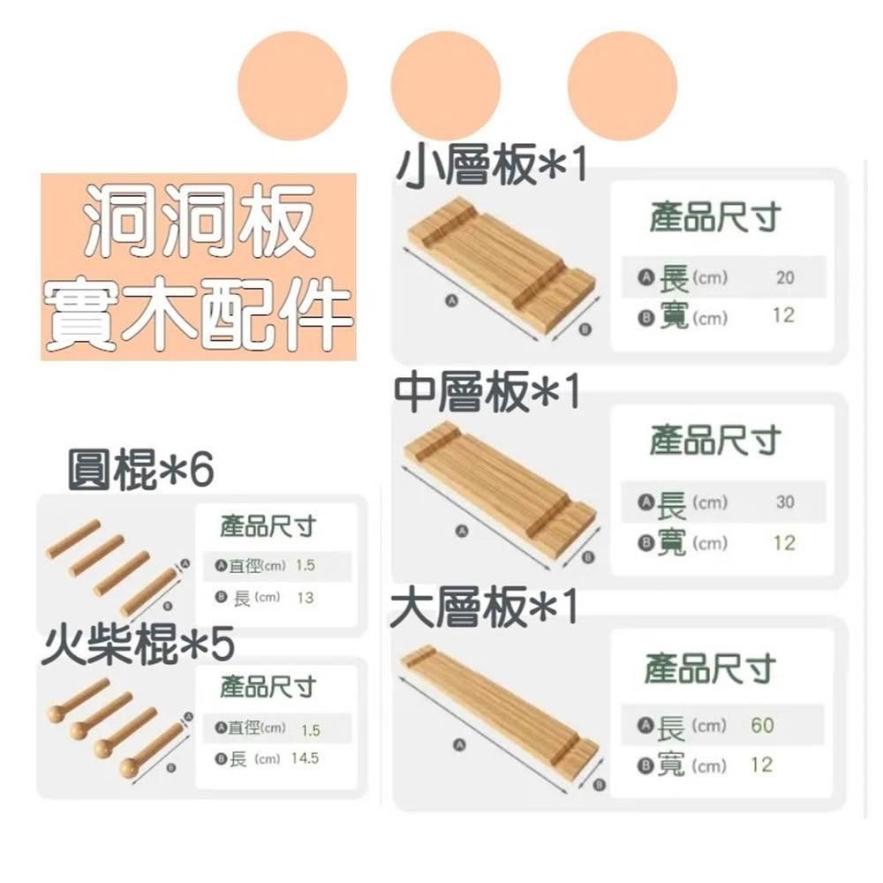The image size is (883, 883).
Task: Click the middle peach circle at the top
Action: [x=445, y=86]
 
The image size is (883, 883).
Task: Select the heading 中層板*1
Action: [x=487, y=392]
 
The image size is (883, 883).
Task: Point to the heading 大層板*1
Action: [x=485, y=607]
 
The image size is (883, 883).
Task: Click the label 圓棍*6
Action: [x=140, y=470]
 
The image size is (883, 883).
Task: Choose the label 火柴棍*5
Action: [x=138, y=645]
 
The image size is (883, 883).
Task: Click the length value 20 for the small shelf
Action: [x=785, y=277]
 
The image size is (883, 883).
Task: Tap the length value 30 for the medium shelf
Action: [x=785, y=502]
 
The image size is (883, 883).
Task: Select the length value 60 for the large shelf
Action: [x=763, y=725]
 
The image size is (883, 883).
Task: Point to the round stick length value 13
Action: [x=306, y=598]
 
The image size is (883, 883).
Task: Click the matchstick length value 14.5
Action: [x=306, y=758]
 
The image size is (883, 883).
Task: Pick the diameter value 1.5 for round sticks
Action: [x=306, y=565]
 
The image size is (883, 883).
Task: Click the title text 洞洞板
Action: [x=199, y=221]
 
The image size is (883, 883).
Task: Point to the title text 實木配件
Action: [x=199, y=313]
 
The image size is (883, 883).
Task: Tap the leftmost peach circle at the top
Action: [x=292, y=86]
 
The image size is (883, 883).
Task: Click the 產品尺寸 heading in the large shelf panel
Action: [x=711, y=669]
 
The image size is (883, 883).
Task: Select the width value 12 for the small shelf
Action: [x=784, y=315]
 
